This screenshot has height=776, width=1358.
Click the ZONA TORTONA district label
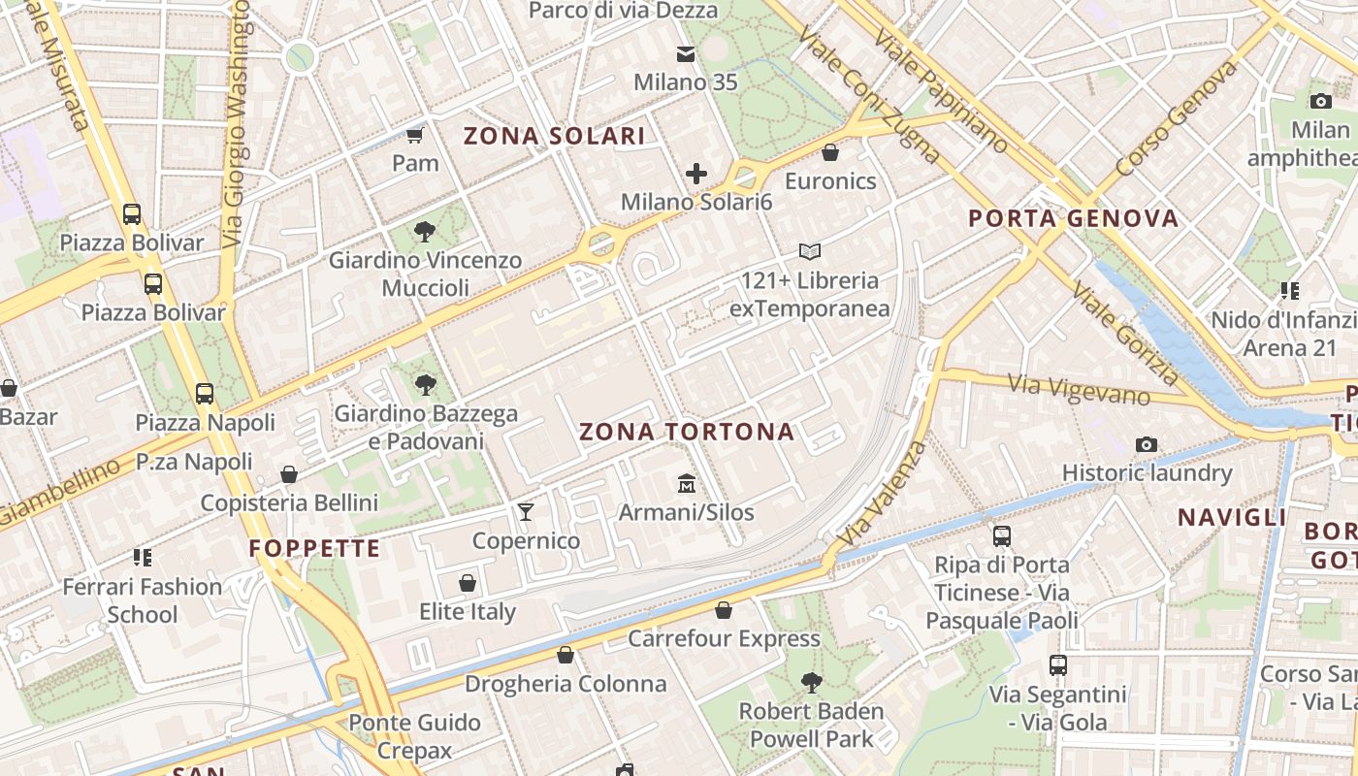(687, 433)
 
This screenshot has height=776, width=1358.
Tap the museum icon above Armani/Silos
(687, 482)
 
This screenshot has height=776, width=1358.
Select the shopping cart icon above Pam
(415, 135)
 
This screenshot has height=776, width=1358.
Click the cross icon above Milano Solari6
(696, 174)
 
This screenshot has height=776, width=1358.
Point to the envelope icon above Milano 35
(686, 54)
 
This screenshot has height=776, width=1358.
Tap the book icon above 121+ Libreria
(810, 252)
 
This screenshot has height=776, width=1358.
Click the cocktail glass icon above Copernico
(526, 511)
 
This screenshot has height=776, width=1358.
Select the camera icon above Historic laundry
(1147, 444)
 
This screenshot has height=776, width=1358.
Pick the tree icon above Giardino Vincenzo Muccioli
(424, 231)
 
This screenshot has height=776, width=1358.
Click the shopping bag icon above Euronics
(830, 152)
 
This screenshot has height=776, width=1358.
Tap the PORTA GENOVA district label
(1074, 218)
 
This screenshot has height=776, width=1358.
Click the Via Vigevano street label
(1078, 389)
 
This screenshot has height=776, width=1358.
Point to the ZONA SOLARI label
(554, 136)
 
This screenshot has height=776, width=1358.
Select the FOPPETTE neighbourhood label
(315, 549)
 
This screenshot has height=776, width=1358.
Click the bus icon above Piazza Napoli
(204, 394)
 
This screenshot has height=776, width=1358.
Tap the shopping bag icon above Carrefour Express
(724, 609)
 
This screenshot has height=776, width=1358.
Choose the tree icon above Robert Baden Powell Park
(812, 683)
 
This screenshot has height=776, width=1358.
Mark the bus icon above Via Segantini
(1058, 665)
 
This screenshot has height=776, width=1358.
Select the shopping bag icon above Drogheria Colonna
(566, 655)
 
